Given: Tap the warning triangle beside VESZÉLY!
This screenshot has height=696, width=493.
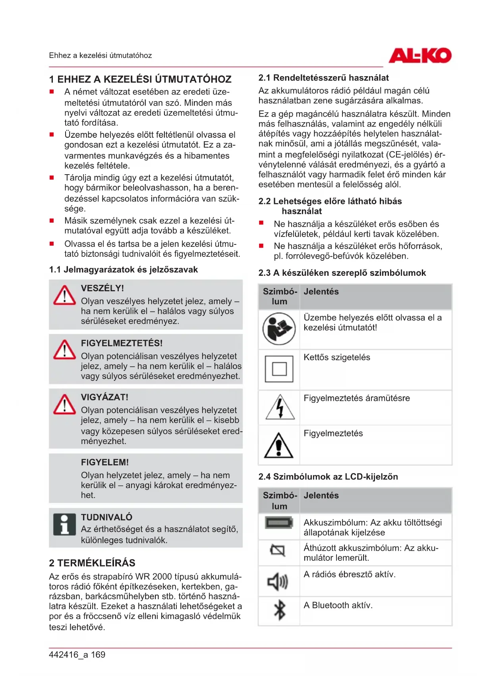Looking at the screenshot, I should [64, 295].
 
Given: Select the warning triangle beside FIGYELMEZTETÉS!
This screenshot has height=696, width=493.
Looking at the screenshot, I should [64, 350].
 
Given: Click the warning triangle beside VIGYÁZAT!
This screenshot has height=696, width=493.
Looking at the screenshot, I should [64, 404].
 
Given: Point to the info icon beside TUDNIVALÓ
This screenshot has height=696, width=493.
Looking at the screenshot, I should [64, 524].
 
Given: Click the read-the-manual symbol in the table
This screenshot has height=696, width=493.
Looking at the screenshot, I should [279, 329].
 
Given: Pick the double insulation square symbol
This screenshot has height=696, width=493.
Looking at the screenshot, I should [279, 369].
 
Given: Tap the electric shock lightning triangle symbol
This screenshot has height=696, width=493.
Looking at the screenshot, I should [280, 408].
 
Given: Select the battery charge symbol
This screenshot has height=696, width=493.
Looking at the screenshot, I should [279, 523].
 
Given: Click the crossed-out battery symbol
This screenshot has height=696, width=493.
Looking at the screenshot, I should [278, 550].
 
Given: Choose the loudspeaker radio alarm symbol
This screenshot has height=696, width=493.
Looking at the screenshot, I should [278, 582].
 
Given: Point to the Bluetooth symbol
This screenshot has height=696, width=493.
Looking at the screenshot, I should [280, 610].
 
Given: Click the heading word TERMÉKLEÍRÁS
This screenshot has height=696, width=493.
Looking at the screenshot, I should [97, 563].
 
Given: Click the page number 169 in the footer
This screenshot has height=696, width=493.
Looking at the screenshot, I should [98, 655].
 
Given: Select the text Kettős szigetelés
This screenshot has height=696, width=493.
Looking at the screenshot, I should [337, 358].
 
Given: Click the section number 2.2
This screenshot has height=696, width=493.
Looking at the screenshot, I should [265, 201].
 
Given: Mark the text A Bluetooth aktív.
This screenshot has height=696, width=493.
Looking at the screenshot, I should [338, 605].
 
